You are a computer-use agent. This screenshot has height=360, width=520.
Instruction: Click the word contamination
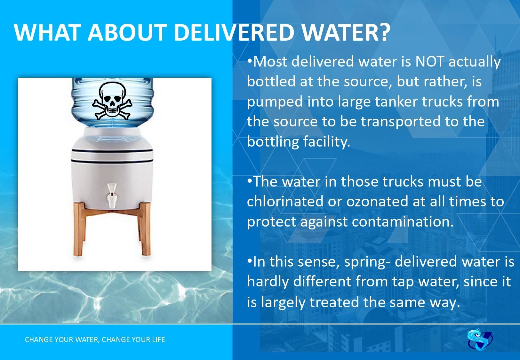tap(403, 221)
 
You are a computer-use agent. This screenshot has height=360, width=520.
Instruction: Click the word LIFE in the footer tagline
tap(158, 340)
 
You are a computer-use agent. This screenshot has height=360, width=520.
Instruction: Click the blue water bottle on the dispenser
tap(112, 102)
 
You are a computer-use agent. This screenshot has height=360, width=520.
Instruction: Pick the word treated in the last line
tap(334, 302)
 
